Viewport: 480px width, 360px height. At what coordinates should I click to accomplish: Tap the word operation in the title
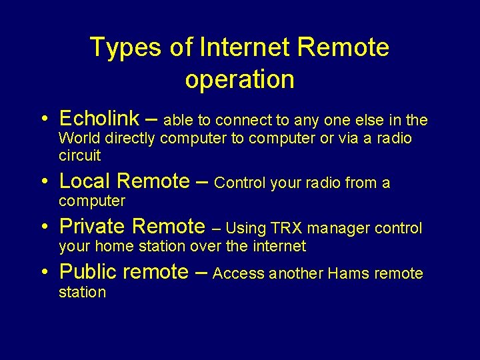click(240, 79)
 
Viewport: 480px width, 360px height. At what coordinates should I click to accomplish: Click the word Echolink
click(99, 119)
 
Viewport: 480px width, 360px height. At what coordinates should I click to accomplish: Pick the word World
click(79, 139)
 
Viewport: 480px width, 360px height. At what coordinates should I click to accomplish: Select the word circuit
click(80, 156)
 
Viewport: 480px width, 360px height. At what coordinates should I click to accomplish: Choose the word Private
click(93, 227)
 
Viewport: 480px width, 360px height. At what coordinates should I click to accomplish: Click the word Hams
click(347, 273)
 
